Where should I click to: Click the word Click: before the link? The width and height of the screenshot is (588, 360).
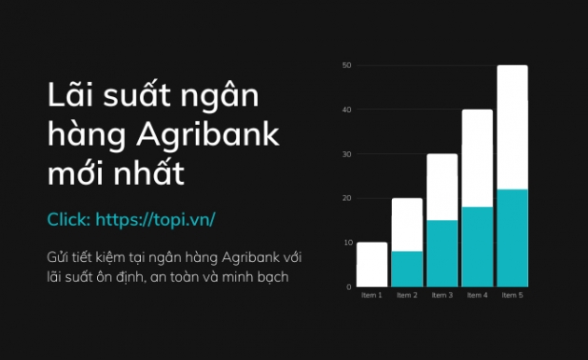[68, 220]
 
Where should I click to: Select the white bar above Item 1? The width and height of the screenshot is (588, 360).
[371, 264]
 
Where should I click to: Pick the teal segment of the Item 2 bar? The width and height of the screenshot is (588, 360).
[407, 269]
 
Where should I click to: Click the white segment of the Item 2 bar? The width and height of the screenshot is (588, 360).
[407, 225]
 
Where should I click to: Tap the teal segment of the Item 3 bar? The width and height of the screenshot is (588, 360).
[442, 253]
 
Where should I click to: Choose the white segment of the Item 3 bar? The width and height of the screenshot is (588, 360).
[442, 187]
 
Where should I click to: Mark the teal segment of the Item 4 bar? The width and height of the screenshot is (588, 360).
[477, 246]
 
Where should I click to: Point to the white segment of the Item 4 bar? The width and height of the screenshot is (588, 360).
[477, 158]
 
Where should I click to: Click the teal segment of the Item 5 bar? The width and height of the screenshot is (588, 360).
[512, 238]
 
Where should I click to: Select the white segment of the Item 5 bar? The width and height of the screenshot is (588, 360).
[512, 127]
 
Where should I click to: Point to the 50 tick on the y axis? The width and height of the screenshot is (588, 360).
[346, 65]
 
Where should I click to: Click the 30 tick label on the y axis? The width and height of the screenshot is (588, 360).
[346, 154]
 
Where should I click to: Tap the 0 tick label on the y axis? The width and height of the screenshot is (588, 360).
[348, 286]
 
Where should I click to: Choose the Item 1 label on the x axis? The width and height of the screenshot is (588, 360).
[371, 296]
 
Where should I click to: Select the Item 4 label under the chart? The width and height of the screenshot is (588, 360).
[477, 296]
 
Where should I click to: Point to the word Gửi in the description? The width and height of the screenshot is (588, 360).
[58, 256]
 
